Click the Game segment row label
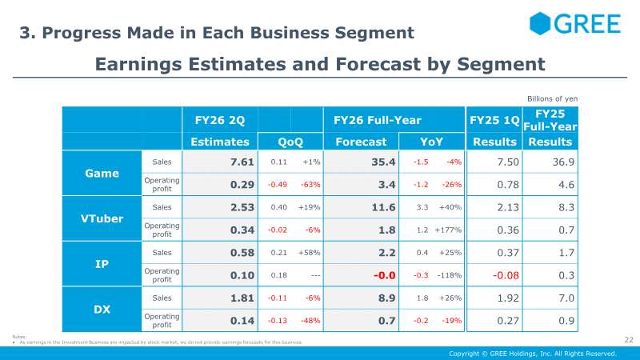coord(102,174)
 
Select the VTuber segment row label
coord(102,218)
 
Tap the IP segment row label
coord(102,263)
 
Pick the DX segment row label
coord(102,308)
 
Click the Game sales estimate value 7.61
coord(241,162)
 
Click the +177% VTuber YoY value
coord(449,230)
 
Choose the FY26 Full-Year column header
coord(377,120)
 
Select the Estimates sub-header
coord(220,142)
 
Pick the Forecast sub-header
coord(361,142)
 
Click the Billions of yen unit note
coord(552,98)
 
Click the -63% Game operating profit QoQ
coord(308,185)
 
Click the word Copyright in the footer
coord(466,353)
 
